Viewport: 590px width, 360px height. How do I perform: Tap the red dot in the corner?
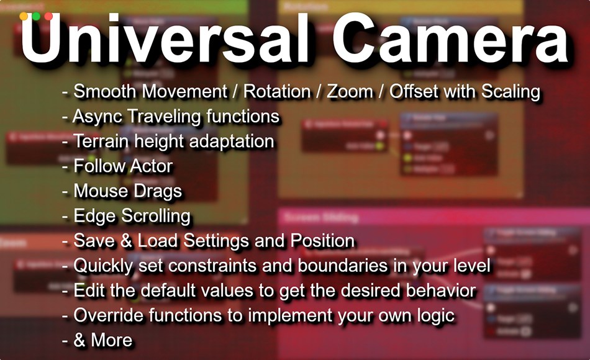tap(48, 16)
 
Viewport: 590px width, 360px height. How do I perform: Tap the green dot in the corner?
tap(36, 16)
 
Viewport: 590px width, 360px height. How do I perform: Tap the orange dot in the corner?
tap(24, 16)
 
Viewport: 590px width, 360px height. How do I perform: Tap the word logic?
tap(435, 315)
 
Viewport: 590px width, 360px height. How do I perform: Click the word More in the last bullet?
tap(112, 340)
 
